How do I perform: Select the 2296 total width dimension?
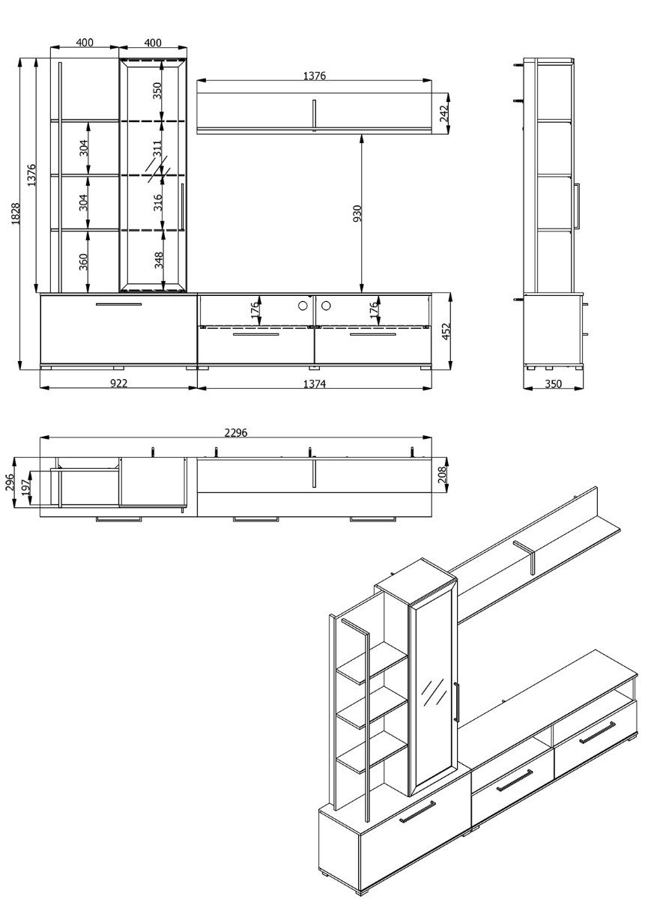236,432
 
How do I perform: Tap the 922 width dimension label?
118,384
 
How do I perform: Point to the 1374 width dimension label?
314,384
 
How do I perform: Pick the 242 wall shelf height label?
443,113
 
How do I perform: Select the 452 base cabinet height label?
446,330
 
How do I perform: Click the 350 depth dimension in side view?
553,384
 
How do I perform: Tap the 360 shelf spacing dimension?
84,261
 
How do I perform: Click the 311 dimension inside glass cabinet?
158,147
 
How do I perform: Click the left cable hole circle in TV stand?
303,305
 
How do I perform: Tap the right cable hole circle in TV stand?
327,305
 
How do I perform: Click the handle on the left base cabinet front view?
118,305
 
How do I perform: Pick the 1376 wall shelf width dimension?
315,76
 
